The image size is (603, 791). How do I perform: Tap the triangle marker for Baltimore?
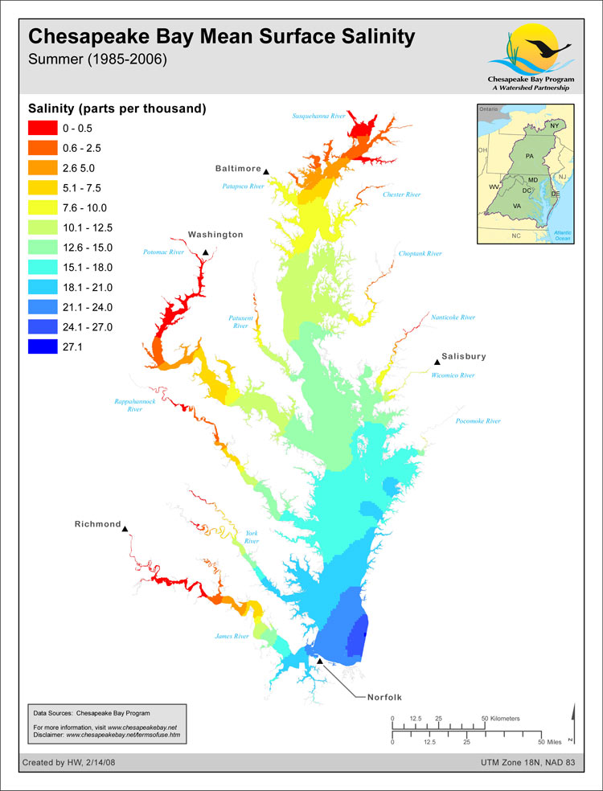[266, 170]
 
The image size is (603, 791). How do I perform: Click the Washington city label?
[215, 235]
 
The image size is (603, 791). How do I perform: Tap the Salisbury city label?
[464, 356]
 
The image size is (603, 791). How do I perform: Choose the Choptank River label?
[420, 254]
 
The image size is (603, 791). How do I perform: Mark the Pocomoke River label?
[478, 421]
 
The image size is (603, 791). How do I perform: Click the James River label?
[232, 637]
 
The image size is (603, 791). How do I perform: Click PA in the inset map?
[529, 155]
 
